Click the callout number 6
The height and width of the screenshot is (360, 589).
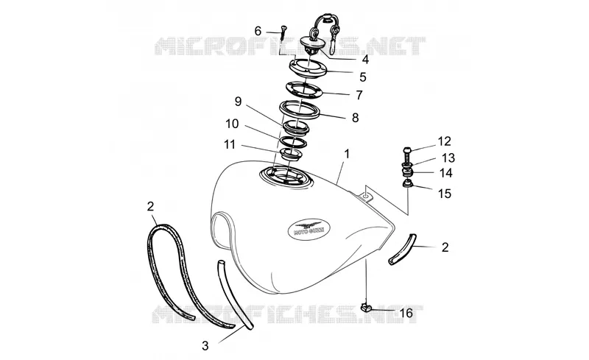coord(258,31)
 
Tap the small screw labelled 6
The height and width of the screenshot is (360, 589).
coord(283,32)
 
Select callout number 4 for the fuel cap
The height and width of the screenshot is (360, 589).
coord(365,60)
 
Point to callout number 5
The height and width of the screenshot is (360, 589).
coord(362,77)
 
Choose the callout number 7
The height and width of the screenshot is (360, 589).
coord(359,95)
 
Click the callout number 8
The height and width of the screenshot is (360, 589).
coord(356,118)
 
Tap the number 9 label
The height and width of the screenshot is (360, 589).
coord(238,102)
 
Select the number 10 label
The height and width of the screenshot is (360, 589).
coord(232,124)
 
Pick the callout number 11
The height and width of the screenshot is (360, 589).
coord(230,144)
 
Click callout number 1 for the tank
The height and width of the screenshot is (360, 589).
coord(347,154)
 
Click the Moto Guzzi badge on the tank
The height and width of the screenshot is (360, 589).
coord(309,228)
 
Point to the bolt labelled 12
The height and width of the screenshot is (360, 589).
coord(407,153)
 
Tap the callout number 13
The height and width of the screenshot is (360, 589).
coord(448,158)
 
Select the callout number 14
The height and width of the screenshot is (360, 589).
coord(446,173)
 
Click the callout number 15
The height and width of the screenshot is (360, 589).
coord(445,194)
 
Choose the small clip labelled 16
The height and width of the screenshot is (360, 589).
coord(365,308)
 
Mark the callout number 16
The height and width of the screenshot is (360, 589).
coord(406,313)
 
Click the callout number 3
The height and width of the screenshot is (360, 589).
coord(205,346)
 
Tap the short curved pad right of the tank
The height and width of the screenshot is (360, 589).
coord(403,249)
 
